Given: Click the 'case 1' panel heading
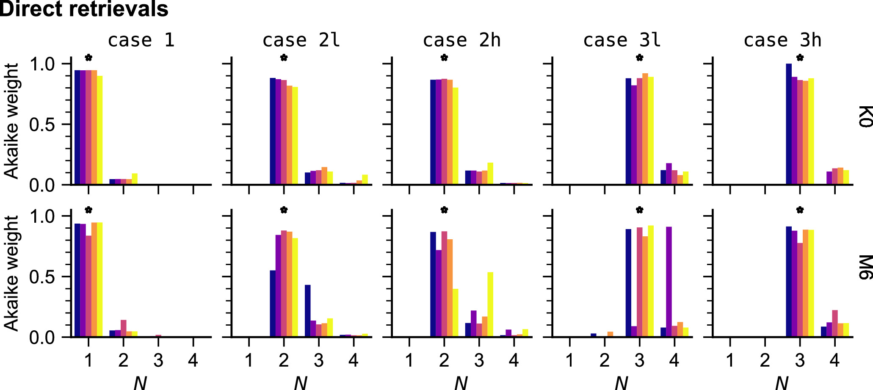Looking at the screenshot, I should tap(141, 40).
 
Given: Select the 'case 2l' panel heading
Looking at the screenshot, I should tap(301, 40).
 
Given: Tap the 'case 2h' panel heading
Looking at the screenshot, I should tap(461, 40).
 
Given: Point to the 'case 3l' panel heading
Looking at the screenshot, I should tap(622, 40).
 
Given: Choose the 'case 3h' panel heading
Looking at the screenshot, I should tap(782, 40).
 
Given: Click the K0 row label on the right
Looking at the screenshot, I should tap(865, 116).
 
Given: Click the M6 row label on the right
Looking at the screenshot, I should tap(865, 268).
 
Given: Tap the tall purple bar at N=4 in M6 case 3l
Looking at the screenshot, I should tap(669, 282).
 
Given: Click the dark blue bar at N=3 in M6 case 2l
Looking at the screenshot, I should tap(308, 311).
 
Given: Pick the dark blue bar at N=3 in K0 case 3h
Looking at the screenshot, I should tap(789, 124).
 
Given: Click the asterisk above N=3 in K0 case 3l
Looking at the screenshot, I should tap(639, 58).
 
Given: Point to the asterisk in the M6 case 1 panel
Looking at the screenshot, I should tap(88, 210).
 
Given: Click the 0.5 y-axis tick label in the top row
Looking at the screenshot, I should tap(42, 125).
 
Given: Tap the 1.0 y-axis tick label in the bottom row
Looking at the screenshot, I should tap(42, 217).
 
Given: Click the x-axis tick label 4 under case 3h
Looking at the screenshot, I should tap(834, 360).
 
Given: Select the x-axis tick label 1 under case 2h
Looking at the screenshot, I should tap(409, 360).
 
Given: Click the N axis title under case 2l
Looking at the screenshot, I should tap(301, 383).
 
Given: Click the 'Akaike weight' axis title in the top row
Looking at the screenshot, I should tap(12, 121).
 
